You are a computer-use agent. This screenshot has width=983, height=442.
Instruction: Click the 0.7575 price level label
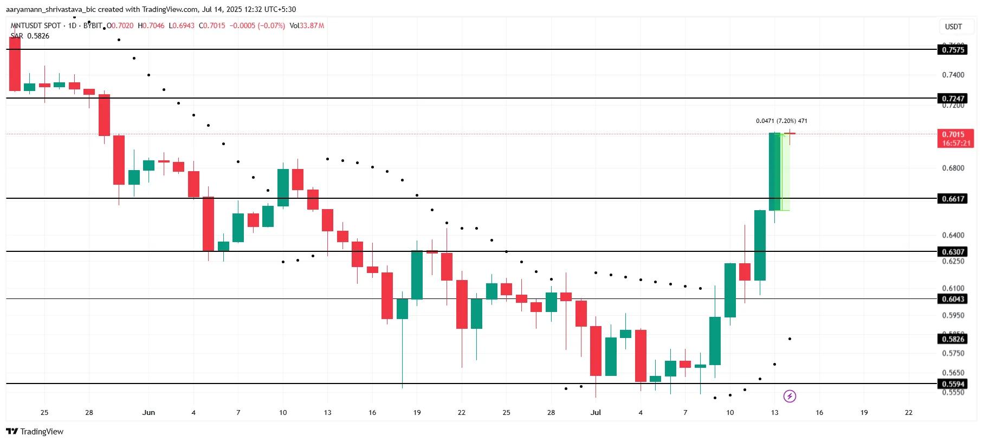[x=953, y=50]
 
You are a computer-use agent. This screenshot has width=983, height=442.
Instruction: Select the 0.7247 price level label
[x=953, y=99]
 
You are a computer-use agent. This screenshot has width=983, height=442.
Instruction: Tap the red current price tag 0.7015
[x=955, y=138]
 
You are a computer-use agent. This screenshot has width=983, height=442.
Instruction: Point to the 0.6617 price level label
[x=953, y=199]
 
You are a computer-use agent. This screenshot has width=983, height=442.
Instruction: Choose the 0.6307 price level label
[x=953, y=252]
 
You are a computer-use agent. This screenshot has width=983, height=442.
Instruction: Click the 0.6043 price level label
[x=953, y=299]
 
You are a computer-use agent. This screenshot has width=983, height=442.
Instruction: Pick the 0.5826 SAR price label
[x=953, y=339]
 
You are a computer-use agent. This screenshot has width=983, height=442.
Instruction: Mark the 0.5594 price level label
[x=953, y=384]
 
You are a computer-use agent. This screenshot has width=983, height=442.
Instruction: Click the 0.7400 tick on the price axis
[x=953, y=75]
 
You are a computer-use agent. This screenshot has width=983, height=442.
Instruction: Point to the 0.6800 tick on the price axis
[x=953, y=168]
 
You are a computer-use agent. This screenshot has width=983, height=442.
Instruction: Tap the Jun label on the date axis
[x=148, y=413]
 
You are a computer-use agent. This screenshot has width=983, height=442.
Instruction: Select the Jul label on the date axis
[x=596, y=413]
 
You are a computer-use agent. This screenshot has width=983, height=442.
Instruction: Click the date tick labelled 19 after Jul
[x=864, y=413]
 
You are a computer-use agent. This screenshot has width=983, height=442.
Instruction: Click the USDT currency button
[x=953, y=27]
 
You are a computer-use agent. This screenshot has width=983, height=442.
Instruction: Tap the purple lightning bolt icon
[x=790, y=396]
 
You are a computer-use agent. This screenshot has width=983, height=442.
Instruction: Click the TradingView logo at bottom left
[x=35, y=432]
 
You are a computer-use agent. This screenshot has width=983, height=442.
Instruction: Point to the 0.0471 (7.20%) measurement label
[x=781, y=121]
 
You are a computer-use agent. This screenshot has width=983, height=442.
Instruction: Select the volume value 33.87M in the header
[x=312, y=25]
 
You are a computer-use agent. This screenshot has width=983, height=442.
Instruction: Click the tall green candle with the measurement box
[x=774, y=171]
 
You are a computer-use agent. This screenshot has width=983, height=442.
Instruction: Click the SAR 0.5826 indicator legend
[x=30, y=36]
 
